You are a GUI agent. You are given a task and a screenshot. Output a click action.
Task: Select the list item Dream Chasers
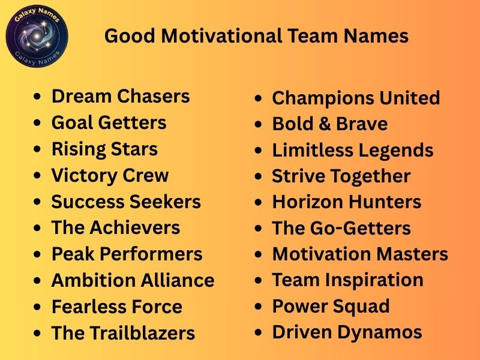point(121,97)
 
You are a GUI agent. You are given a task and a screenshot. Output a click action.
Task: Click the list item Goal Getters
point(109,123)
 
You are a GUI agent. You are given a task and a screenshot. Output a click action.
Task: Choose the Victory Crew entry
point(110,176)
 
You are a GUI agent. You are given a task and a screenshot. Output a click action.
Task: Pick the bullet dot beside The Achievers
point(38,229)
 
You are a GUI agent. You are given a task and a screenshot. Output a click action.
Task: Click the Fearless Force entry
point(116,307)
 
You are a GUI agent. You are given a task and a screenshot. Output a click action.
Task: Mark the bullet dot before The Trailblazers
point(38,334)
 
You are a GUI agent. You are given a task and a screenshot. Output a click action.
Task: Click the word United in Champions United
point(410,98)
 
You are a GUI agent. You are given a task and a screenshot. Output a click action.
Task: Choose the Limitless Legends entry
point(352,151)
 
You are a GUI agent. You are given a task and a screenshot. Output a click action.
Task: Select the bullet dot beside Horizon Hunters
point(259,203)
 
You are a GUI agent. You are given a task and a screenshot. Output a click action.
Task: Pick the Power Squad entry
point(331,307)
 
